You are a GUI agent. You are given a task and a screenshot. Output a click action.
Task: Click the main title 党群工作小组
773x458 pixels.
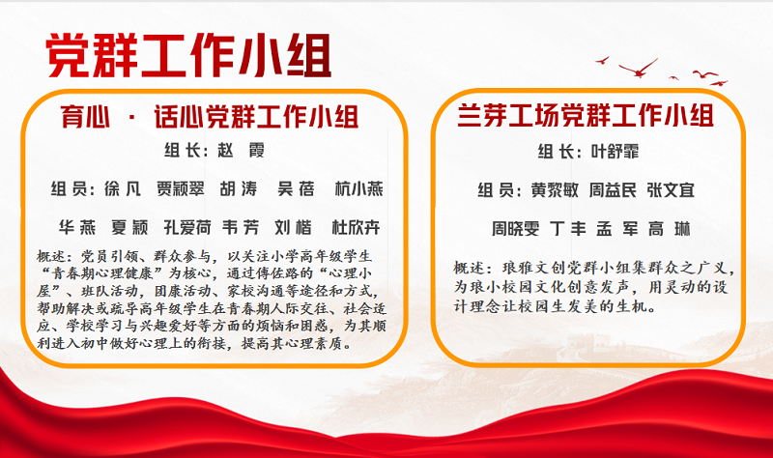tap(188, 55)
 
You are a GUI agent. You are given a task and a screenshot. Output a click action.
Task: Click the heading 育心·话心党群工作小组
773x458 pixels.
tap(210, 117)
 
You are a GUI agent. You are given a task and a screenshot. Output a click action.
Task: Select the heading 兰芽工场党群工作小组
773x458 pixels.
tap(586, 115)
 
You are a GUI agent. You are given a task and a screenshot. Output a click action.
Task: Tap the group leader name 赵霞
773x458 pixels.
tap(241, 150)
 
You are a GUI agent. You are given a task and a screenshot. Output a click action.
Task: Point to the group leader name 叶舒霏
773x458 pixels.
tap(615, 152)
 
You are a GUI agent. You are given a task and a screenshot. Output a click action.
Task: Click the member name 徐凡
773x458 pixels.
tap(123, 188)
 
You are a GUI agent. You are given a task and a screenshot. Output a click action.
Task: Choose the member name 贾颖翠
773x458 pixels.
tap(181, 188)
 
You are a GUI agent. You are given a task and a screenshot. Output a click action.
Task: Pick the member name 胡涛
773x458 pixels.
tap(239, 188)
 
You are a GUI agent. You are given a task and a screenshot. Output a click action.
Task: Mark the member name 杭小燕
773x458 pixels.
tap(358, 188)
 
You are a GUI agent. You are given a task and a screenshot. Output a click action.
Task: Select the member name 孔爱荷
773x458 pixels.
tap(187, 227)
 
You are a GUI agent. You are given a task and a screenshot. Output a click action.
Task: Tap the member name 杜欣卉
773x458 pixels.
tap(356, 227)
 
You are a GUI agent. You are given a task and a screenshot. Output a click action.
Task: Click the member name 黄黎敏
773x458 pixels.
tap(555, 190)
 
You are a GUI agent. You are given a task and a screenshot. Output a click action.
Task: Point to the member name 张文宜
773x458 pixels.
tap(671, 190)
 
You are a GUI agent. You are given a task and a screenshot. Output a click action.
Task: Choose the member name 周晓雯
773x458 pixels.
tap(516, 229)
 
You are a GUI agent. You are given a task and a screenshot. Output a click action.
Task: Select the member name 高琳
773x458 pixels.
tap(670, 229)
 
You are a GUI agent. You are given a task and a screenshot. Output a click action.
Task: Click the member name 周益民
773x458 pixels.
tap(613, 190)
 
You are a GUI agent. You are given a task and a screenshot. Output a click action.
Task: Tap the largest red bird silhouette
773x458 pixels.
tap(639, 69)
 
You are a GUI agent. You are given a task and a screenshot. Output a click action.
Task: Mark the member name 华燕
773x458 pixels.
tap(77, 227)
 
